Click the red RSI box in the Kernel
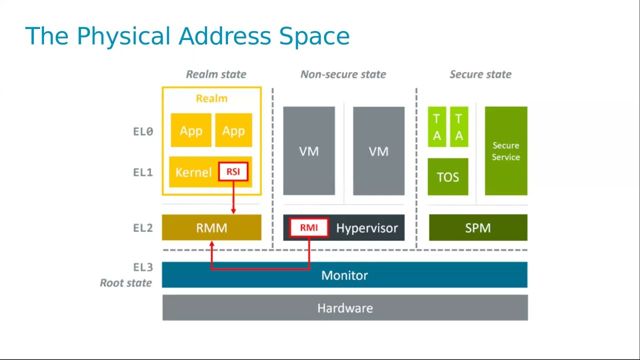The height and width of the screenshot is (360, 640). pos(233,172)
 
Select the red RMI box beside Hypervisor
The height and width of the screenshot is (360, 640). pos(308,228)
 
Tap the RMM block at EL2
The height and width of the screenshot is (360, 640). pos(211,228)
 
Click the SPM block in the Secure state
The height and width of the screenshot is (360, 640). pos(478,228)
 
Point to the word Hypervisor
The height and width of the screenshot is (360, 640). pos(367,228)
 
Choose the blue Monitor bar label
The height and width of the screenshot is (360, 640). pos(344,275)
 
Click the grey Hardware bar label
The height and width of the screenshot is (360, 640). pos(345,308)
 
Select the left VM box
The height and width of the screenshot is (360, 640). pos(309,151)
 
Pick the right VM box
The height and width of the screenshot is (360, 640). pos(378,151)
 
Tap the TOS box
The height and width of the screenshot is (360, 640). pos(448,177)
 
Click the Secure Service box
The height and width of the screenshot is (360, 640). pos(506,151)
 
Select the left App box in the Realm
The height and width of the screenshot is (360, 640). pos(191,130)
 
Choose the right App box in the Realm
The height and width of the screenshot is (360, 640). pos(233,130)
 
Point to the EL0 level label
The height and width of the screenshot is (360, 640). pos(143,131)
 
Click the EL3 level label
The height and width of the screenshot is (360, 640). pos(143,267)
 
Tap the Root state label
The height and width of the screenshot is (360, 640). pos(125,283)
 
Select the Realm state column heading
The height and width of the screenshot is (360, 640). pos(216,74)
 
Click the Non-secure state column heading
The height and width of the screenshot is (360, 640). pos(343,74)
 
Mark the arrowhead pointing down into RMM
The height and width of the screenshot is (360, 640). pos(233,211)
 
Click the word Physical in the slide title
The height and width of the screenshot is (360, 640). pos(124,36)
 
